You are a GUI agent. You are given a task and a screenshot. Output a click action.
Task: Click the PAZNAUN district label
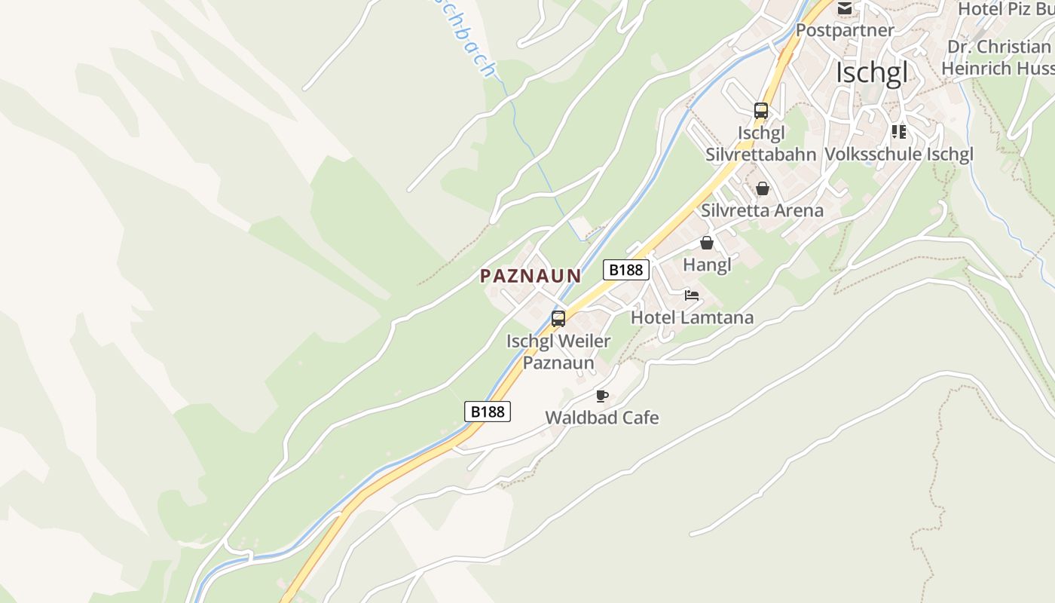tap(531, 276)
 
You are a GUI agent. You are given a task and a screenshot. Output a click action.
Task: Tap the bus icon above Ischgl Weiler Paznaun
tap(558, 318)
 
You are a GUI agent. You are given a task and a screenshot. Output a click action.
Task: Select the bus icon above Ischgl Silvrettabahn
tap(760, 111)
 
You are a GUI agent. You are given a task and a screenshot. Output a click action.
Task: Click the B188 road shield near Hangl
tap(625, 269)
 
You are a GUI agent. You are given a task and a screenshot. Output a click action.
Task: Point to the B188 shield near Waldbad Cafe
tap(487, 411)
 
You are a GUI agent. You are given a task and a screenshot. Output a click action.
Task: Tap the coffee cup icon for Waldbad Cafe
tap(601, 396)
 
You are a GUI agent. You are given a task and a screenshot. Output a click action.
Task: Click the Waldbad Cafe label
tap(601, 418)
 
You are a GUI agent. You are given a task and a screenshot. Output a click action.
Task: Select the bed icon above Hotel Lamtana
tap(691, 295)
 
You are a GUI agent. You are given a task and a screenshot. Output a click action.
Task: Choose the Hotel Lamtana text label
tap(692, 317)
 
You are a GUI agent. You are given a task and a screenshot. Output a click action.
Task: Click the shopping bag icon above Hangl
tap(706, 243)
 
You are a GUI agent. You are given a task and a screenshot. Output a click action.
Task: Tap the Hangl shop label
tap(707, 265)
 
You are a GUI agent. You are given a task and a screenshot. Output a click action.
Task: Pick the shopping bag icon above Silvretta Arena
tap(762, 188)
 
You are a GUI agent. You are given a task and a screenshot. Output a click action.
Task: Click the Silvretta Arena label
tap(762, 210)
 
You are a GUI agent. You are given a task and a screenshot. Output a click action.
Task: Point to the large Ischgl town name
tap(871, 73)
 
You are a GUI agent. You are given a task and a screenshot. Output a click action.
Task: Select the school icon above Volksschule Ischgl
tap(898, 132)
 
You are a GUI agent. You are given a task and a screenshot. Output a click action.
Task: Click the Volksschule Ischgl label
tap(898, 154)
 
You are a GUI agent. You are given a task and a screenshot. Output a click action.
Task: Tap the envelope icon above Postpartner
tap(845, 9)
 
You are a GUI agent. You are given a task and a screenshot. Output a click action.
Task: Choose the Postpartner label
tap(845, 30)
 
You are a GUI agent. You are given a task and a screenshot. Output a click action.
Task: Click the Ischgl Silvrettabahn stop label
tap(760, 143)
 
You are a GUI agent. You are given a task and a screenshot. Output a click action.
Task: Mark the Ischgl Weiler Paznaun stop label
tap(558, 352)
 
